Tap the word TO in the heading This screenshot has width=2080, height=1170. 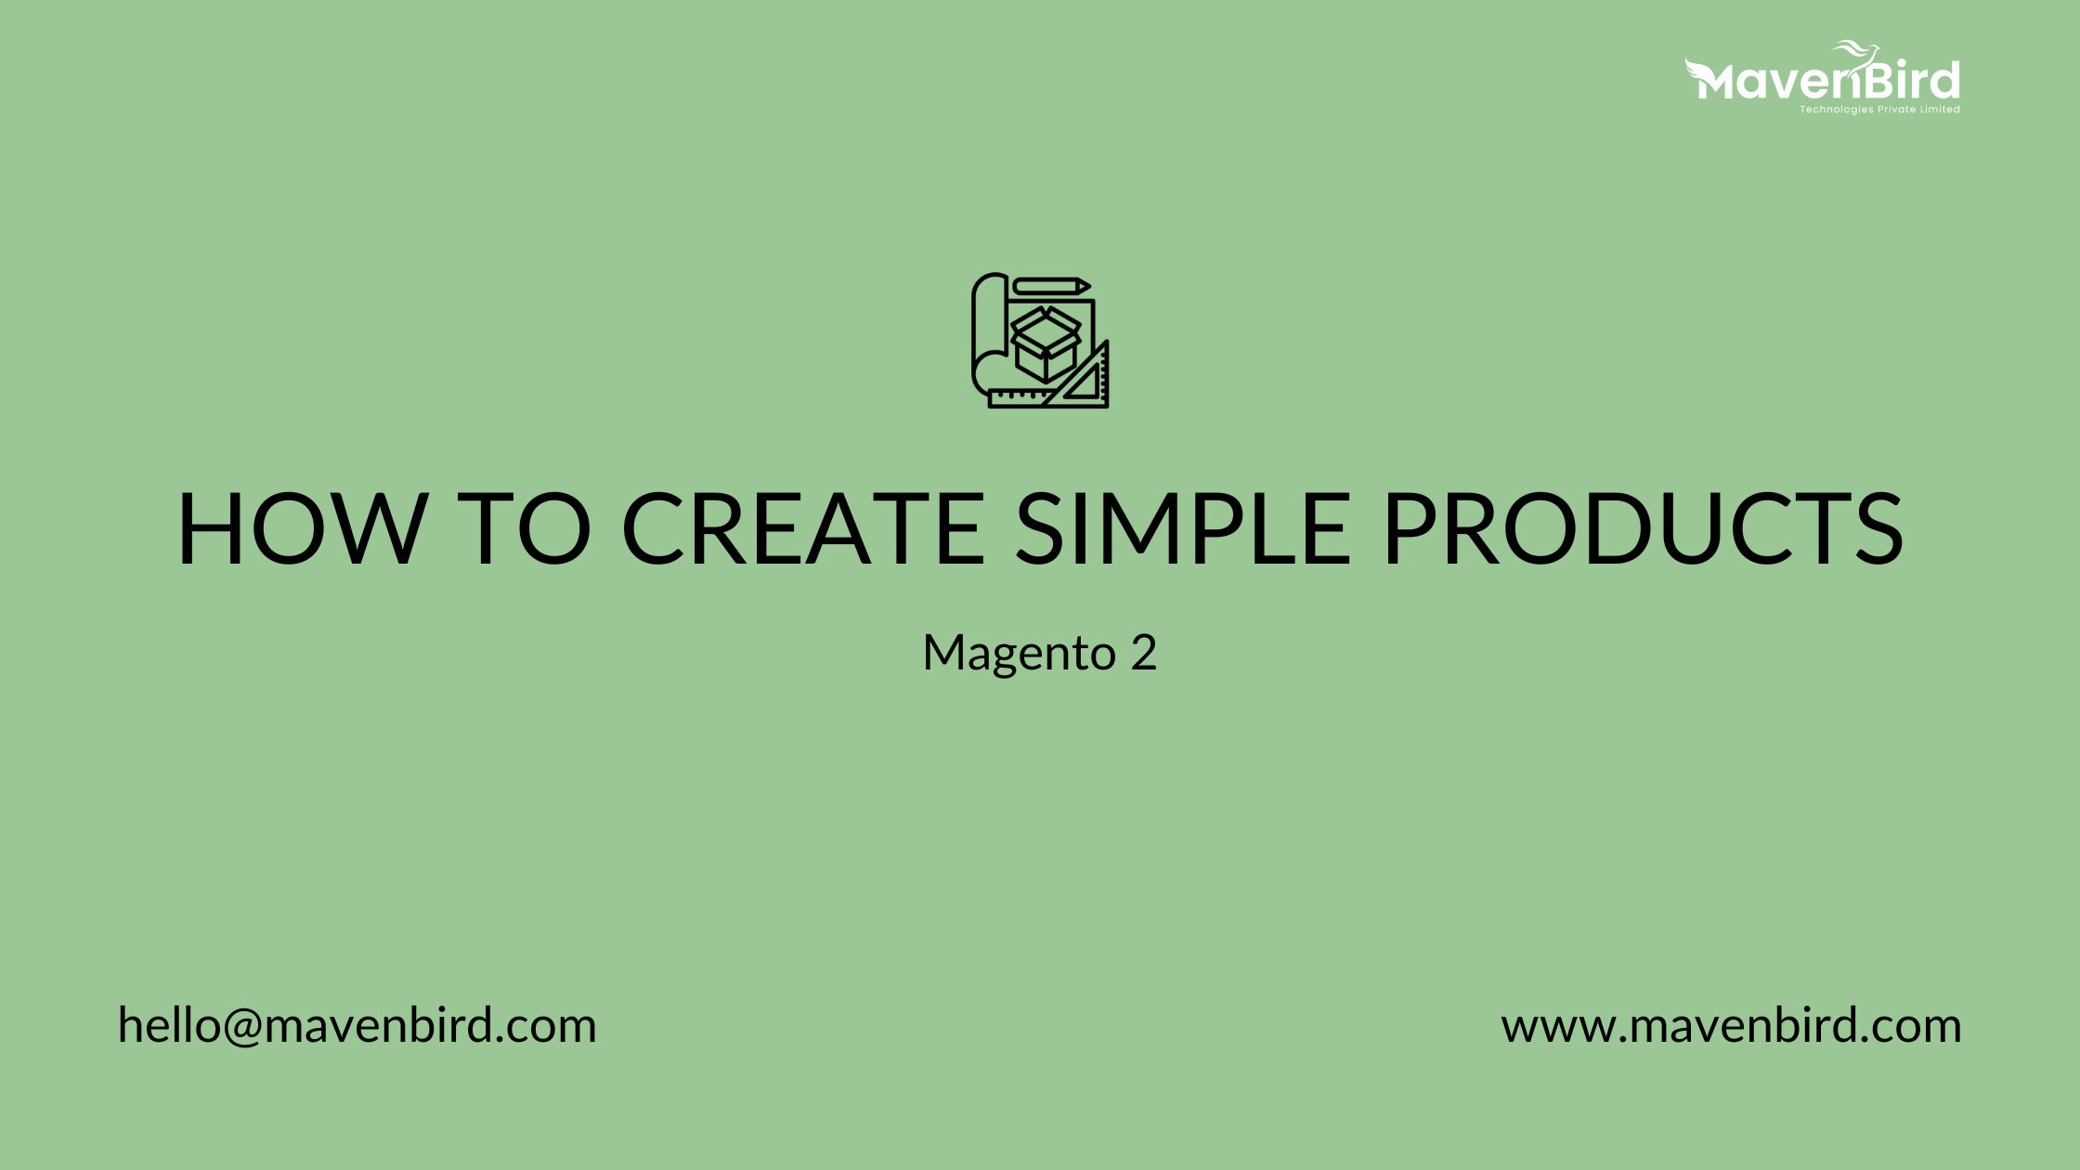[x=525, y=527]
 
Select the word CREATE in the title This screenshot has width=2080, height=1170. [x=803, y=527]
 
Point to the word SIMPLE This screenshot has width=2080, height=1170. [x=1182, y=527]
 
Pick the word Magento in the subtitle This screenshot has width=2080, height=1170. [x=1019, y=653]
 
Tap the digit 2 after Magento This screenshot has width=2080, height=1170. [x=1144, y=653]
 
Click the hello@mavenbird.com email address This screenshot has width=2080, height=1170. [x=357, y=1026]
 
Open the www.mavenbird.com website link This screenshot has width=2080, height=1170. [x=1731, y=1026]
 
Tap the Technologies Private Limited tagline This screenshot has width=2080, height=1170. [x=1879, y=110]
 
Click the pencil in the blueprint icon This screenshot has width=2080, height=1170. [x=1051, y=286]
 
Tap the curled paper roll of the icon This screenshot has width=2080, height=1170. [x=986, y=334]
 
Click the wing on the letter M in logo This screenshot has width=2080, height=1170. [x=1697, y=69]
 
